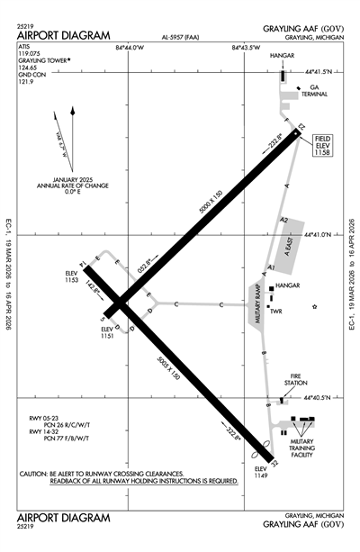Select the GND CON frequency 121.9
click(25, 82)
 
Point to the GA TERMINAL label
click(313, 91)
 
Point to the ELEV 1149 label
click(260, 473)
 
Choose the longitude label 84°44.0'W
click(130, 47)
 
